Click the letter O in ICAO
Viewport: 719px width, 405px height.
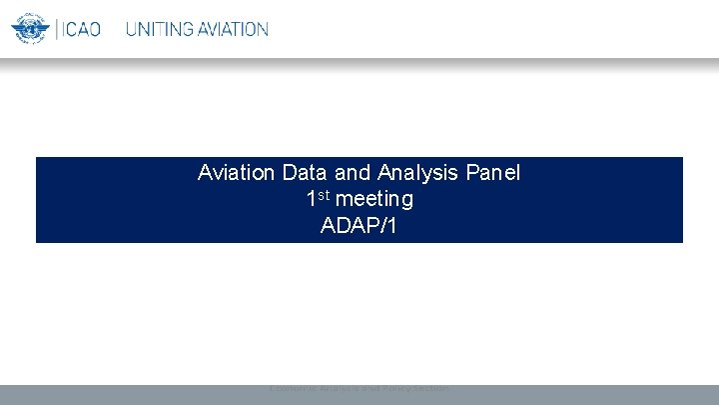click(95, 29)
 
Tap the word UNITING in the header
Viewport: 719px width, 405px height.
click(160, 29)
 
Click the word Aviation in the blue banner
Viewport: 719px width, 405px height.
click(237, 173)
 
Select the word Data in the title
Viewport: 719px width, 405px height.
click(304, 173)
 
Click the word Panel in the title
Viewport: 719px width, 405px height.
click(492, 173)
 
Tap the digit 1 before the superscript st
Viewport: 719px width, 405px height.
click(312, 200)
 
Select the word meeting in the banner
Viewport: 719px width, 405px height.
click(374, 200)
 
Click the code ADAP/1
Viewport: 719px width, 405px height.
click(359, 226)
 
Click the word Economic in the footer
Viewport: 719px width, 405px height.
click(294, 388)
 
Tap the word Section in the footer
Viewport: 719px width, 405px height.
click(428, 388)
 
